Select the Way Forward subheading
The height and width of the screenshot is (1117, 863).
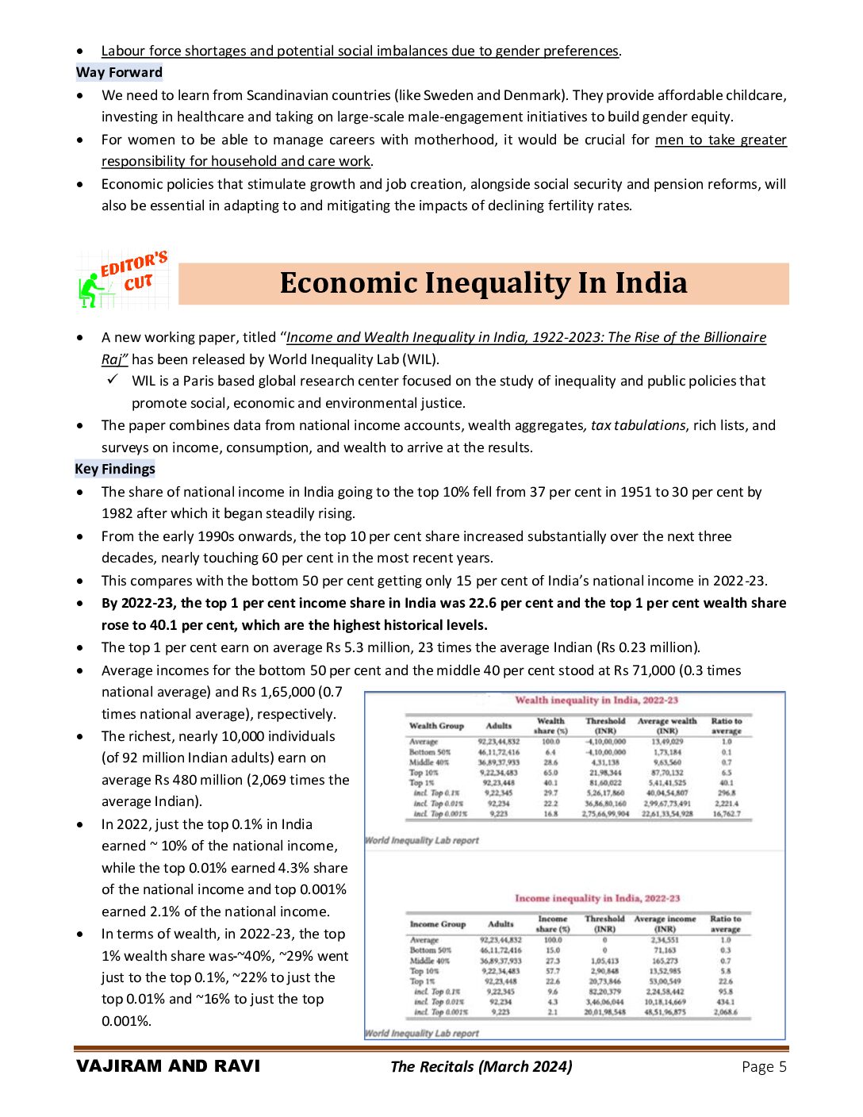click(x=119, y=72)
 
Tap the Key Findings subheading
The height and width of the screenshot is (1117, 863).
click(x=115, y=469)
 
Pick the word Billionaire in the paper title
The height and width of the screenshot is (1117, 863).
click(x=731, y=337)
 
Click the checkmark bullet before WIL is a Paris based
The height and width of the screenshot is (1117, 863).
click(x=113, y=380)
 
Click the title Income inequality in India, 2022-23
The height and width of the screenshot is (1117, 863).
click(x=597, y=898)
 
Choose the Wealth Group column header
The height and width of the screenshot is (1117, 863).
click(x=436, y=726)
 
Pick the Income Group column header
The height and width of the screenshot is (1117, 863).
click(x=438, y=924)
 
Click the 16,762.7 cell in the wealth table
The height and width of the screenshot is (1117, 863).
click(x=727, y=813)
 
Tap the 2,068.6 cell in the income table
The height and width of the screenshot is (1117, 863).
click(x=725, y=1011)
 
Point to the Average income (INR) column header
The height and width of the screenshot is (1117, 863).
click(x=665, y=923)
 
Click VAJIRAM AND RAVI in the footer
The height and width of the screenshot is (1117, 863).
click(x=168, y=1066)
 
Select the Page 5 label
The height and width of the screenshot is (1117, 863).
click(x=764, y=1067)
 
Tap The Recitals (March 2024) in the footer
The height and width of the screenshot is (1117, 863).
click(x=481, y=1067)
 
